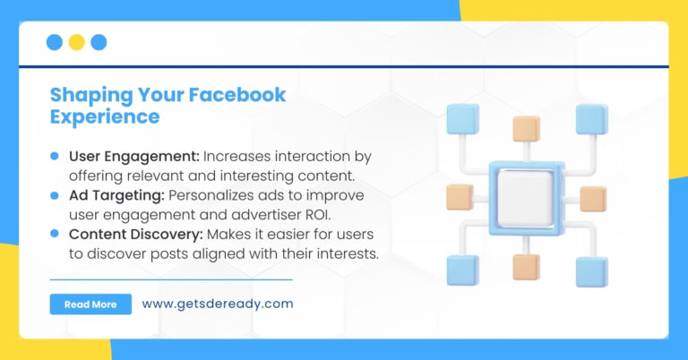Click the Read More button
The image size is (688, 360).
(90, 304)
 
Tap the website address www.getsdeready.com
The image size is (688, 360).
(217, 304)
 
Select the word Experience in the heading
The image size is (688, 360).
(105, 116)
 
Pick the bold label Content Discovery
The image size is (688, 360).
(135, 234)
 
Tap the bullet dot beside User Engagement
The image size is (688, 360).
(55, 156)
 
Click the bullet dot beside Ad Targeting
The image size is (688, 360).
(55, 195)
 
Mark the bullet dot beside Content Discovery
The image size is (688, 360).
(55, 234)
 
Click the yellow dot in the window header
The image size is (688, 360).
(76, 42)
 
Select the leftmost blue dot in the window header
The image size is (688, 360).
(54, 42)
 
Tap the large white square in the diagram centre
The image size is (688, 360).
(525, 195)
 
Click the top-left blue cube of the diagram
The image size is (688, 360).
(462, 118)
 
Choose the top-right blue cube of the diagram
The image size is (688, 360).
(592, 118)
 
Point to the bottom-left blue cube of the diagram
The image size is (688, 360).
(462, 270)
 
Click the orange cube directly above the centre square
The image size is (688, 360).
(526, 129)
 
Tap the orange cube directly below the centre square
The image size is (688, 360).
(526, 267)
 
